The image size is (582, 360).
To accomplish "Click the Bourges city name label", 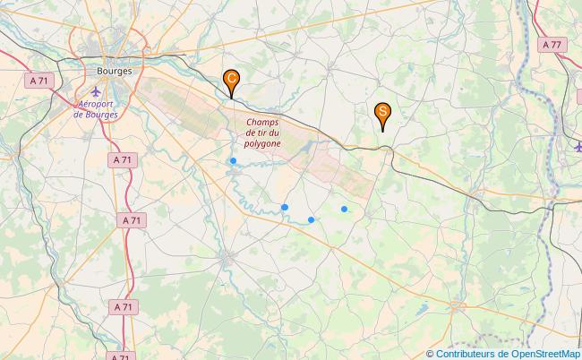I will pyautogui.click(x=112, y=70).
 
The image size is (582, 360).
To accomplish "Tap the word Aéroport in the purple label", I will pyautogui.click(x=98, y=104).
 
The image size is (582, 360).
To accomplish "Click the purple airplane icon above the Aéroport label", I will pyautogui.click(x=97, y=91).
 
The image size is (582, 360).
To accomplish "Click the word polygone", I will pyautogui.click(x=261, y=143).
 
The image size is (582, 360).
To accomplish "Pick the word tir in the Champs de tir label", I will pyautogui.click(x=261, y=133).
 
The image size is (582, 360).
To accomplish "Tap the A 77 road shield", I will pyautogui.click(x=552, y=44).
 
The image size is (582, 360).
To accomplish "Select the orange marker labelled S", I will pyautogui.click(x=382, y=113).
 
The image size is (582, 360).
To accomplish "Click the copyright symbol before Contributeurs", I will pyautogui.click(x=431, y=354).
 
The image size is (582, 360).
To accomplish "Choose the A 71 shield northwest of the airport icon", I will pyautogui.click(x=39, y=81).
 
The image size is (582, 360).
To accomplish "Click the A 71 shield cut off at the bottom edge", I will pyautogui.click(x=123, y=356).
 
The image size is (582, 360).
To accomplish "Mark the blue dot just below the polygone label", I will pyautogui.click(x=233, y=161).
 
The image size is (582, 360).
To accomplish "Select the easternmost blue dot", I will pyautogui.click(x=345, y=209).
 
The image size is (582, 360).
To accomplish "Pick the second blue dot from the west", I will pyautogui.click(x=285, y=207).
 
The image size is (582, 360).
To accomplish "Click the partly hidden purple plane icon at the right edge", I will pyautogui.click(x=578, y=146).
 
